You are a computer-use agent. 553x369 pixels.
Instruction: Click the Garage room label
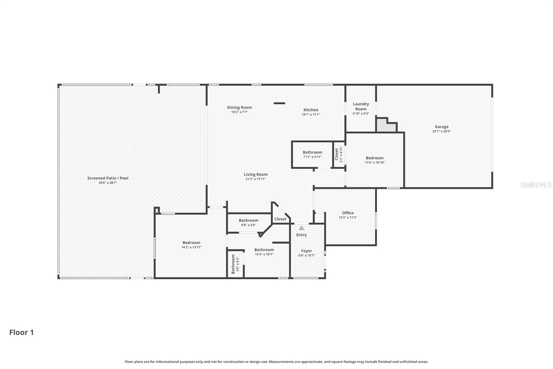pos(441,127)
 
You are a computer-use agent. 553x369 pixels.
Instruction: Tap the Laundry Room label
pos(360,106)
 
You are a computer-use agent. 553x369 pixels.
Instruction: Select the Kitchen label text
pos(311,110)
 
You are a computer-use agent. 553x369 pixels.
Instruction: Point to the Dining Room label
pos(239,108)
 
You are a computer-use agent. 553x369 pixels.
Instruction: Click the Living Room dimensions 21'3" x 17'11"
pos(255,179)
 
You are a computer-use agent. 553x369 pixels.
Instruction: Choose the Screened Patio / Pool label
pos(107,178)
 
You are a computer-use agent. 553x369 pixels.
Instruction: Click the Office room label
pos(348,213)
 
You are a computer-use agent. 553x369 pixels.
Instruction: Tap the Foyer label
pos(306,251)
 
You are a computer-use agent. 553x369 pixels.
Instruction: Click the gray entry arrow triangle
pos(301,228)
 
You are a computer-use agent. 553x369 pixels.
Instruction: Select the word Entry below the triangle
pos(301,235)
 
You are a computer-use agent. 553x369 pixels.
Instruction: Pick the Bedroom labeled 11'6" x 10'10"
pos(374,158)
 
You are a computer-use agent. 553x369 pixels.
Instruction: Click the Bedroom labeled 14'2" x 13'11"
pos(191,243)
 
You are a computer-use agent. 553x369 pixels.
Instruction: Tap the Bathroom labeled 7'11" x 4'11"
pos(312,152)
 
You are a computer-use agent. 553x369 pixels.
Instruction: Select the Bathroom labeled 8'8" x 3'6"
pos(248,220)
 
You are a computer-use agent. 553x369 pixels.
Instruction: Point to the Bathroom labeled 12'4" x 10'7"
pos(264,250)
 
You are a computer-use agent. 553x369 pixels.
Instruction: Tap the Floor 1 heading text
pos(21,332)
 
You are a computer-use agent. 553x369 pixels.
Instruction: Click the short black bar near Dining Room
pos(279,103)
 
